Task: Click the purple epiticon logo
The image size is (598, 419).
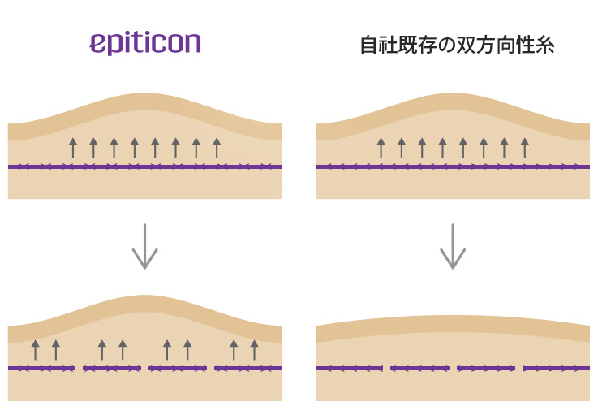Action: point(145,43)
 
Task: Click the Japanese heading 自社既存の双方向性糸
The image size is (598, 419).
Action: point(458,45)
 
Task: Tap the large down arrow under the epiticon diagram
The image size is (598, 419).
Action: point(145,246)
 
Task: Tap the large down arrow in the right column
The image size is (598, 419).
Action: point(453,246)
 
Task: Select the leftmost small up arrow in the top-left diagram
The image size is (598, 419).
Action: point(73,148)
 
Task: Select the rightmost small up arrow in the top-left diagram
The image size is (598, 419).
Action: point(217,148)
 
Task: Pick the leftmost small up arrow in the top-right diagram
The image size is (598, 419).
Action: point(381,148)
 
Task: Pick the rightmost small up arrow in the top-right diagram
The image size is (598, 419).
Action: point(525,148)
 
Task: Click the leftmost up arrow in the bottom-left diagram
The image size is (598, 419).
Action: point(36,350)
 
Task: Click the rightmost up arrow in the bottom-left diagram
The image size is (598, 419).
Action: point(255,350)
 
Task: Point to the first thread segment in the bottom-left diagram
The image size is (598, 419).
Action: point(41,368)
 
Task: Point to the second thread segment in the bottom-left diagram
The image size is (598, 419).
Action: point(112,368)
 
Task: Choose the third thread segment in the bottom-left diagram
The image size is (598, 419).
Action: point(178,368)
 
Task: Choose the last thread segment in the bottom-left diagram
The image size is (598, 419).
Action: point(248,368)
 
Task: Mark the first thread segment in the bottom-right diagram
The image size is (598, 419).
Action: point(349,368)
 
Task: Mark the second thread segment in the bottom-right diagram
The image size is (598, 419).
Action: point(419,368)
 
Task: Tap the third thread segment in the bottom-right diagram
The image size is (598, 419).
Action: point(486,368)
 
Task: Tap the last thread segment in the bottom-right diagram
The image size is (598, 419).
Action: point(556,368)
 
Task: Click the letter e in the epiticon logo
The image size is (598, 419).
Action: point(97,43)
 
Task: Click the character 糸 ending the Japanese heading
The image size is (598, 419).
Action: point(544,45)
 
